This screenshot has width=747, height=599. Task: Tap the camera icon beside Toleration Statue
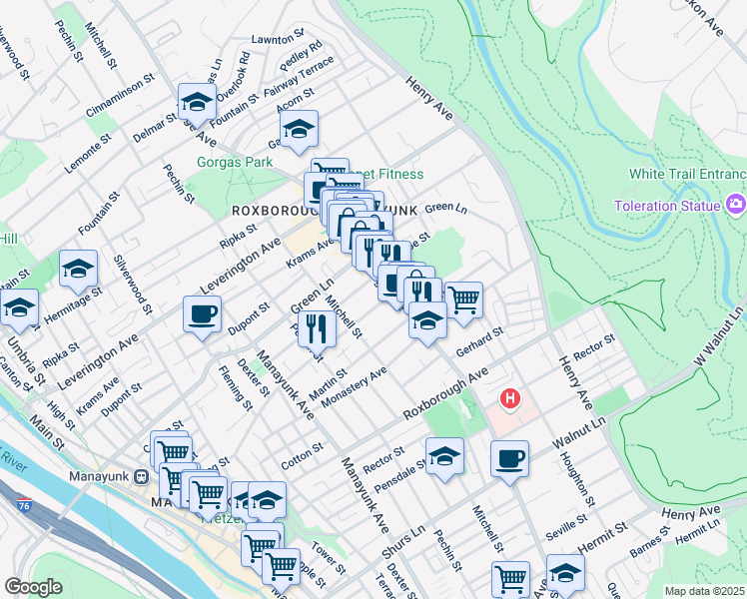coord(737,205)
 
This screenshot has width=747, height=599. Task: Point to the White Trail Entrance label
coord(687,174)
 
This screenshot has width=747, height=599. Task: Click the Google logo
coord(33,587)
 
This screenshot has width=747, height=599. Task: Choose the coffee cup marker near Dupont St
coord(202,315)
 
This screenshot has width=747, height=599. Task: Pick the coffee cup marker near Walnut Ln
coord(509,459)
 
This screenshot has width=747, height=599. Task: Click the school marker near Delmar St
coord(197,102)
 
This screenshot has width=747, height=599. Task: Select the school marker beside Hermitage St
coord(78,269)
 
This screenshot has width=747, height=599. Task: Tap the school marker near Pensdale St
coord(445,456)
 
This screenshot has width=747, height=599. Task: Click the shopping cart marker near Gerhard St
coord(463,299)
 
